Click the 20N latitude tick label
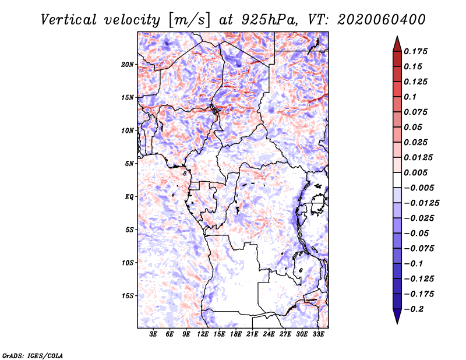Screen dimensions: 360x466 pyautogui.click(x=128, y=64)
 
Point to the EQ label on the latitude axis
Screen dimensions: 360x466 pyautogui.click(x=129, y=197)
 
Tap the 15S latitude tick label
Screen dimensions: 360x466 pyautogui.click(x=128, y=296)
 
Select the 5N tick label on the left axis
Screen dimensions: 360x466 pyautogui.click(x=130, y=164)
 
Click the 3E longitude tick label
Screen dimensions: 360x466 pyautogui.click(x=153, y=334)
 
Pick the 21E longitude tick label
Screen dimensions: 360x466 pyautogui.click(x=252, y=334)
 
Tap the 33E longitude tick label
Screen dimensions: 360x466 pyautogui.click(x=318, y=334)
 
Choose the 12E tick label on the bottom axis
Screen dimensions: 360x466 pyautogui.click(x=203, y=334)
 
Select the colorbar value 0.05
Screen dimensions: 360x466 pyautogui.click(x=414, y=127)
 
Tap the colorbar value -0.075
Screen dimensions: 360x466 pyautogui.click(x=419, y=248)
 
